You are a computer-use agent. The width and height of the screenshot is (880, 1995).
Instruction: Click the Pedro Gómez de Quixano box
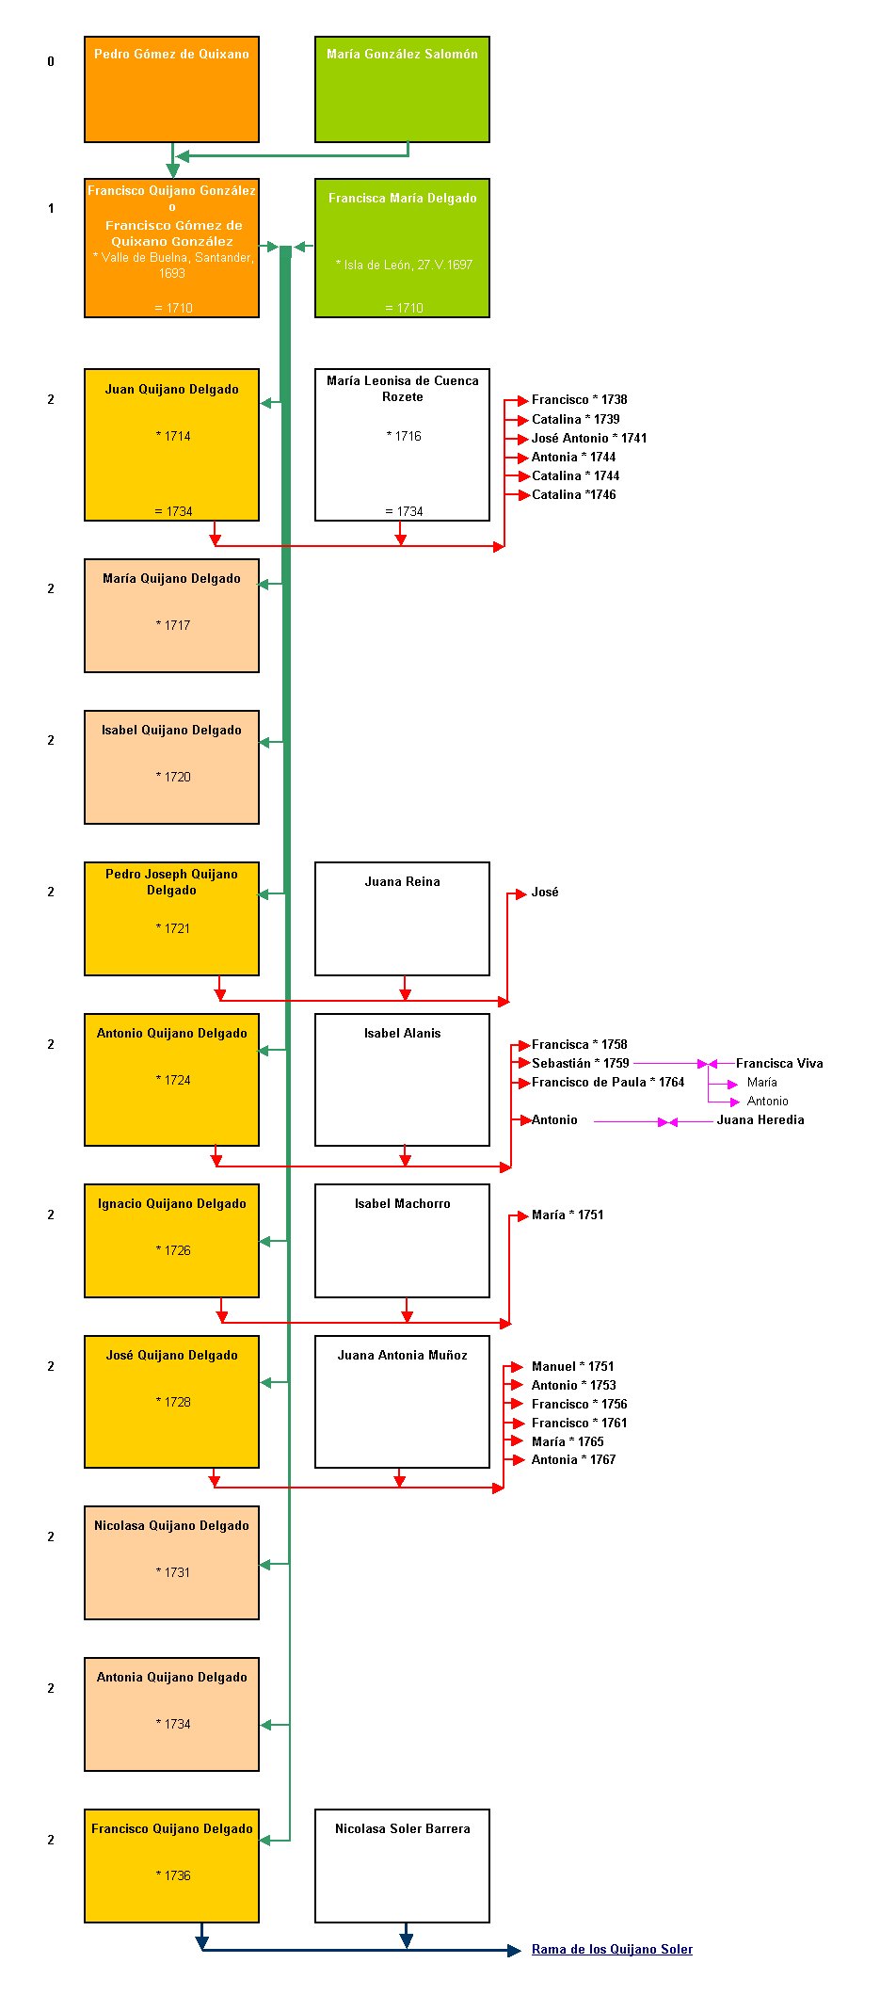171,89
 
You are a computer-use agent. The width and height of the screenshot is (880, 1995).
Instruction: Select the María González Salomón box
402,89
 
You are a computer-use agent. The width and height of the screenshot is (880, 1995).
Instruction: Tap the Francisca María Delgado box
402,248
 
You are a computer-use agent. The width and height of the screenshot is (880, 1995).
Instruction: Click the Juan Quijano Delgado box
171,444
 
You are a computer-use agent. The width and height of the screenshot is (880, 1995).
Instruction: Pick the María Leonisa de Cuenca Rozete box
402,444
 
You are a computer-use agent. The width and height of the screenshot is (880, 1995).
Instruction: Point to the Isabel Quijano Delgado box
171,767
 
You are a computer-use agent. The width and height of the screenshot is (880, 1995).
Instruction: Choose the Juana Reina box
402,919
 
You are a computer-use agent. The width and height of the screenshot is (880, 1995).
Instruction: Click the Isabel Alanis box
402,1080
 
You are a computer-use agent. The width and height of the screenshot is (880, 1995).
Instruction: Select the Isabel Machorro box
402,1241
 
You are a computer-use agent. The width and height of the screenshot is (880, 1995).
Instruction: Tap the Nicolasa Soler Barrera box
402,1866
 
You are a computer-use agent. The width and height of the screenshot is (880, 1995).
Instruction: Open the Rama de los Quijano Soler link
612,1950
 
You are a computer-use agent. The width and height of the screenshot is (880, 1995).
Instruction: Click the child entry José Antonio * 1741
589,438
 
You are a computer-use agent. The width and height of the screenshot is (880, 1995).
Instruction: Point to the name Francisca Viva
779,1063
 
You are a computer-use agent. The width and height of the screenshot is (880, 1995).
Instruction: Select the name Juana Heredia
760,1119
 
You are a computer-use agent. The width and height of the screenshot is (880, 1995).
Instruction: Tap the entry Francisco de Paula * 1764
608,1082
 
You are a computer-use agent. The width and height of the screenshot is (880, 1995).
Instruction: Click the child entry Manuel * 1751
572,1366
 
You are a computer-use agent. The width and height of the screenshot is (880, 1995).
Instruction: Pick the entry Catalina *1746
574,494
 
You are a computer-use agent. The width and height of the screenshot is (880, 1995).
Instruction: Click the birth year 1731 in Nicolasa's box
177,1572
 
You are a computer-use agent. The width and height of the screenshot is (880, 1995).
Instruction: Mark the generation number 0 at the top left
51,61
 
